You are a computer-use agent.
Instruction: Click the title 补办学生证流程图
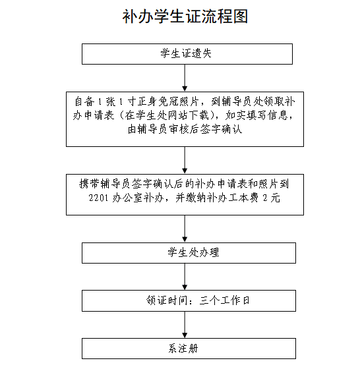tap(185, 16)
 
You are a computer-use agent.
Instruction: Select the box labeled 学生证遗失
tap(187, 54)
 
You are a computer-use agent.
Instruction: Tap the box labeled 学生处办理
tap(189, 253)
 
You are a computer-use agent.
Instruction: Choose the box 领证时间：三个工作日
tap(189, 300)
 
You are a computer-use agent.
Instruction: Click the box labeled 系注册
tap(189, 349)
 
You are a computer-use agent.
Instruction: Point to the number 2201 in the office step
tap(98, 198)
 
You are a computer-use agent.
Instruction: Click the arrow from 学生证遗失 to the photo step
tap(185, 78)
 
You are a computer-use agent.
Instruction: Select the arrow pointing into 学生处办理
tap(185, 229)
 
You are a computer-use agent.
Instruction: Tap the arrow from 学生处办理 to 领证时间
tap(185, 277)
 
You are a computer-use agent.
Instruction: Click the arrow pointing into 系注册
tap(185, 325)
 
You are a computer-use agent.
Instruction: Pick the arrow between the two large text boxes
tap(185, 160)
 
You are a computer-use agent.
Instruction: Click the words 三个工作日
tap(224, 300)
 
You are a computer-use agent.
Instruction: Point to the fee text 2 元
tap(272, 198)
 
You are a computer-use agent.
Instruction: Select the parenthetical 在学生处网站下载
tap(170, 115)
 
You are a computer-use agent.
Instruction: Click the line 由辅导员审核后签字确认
tap(185, 129)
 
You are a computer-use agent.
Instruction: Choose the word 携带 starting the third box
tap(89, 184)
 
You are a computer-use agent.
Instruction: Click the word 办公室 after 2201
tap(127, 198)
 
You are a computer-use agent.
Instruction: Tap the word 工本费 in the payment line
tap(243, 198)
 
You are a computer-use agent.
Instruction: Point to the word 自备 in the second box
tap(84, 101)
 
